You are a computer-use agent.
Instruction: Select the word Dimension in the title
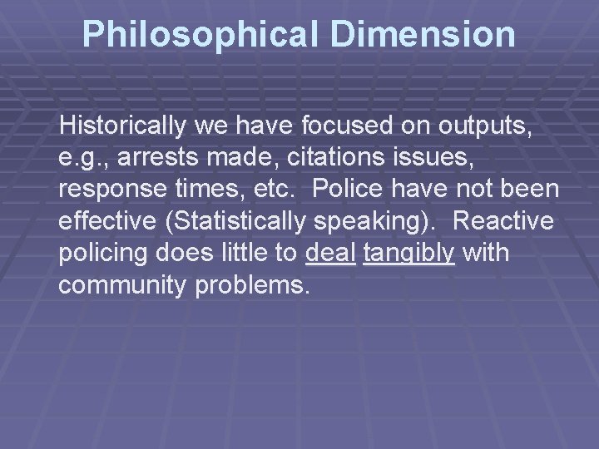tap(423, 34)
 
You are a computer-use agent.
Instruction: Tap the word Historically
tap(123, 126)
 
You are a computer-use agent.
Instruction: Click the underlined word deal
tap(330, 253)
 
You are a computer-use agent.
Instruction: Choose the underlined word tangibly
tap(409, 253)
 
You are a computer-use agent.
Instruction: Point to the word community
tap(123, 284)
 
